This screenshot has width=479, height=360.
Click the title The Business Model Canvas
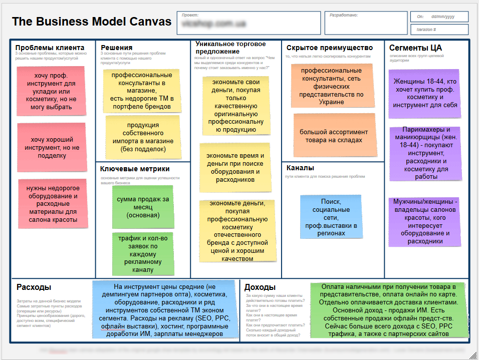click(x=92, y=22)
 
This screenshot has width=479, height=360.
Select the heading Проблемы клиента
click(x=50, y=48)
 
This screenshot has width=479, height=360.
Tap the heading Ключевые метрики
click(x=135, y=169)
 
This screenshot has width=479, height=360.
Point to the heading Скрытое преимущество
click(x=330, y=48)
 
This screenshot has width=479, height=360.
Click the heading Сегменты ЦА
click(x=415, y=48)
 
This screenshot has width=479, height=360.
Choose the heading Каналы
click(x=300, y=168)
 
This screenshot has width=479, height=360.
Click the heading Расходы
click(x=34, y=287)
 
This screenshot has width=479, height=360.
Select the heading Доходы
click(x=260, y=287)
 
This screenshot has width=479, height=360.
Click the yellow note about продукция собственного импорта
click(x=143, y=136)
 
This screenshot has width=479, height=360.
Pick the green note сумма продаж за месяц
click(x=143, y=207)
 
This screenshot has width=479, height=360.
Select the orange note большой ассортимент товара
click(x=334, y=136)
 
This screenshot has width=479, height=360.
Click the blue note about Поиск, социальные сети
click(x=331, y=217)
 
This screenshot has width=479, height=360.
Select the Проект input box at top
click(x=249, y=23)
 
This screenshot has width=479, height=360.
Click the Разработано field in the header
click(x=365, y=23)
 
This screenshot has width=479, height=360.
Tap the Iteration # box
click(x=439, y=30)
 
